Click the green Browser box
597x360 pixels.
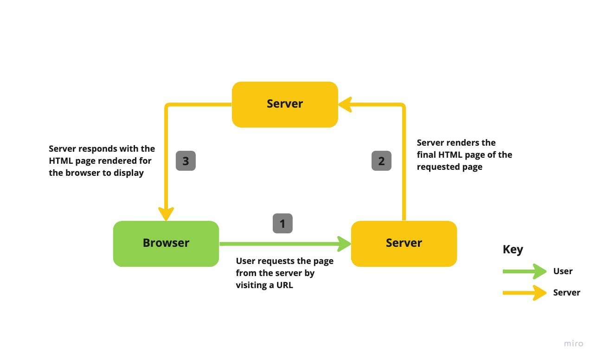pos(166,244)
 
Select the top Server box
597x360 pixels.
pos(285,104)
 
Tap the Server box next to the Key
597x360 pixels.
pos(404,244)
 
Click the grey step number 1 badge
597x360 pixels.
pos(282,224)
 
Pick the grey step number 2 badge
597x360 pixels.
pos(381,161)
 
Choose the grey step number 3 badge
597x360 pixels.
pos(186,161)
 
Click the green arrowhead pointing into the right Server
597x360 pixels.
pos(344,244)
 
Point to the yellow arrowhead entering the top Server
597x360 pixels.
pos(344,105)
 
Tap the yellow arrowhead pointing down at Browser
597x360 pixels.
pos(166,214)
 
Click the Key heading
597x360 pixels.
pos(513,250)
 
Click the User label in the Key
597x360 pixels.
pos(563,271)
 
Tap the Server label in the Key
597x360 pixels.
pos(566,293)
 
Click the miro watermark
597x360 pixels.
pos(573,344)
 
